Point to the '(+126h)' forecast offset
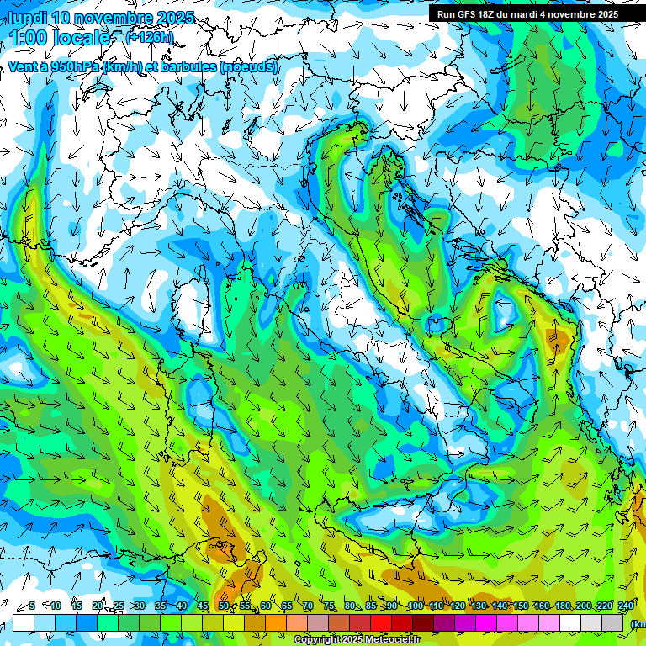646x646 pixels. click(151, 37)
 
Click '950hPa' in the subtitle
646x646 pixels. click(74, 66)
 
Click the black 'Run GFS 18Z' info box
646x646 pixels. click(527, 13)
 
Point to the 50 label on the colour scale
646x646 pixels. click(223, 606)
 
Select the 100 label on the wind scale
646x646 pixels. click(415, 606)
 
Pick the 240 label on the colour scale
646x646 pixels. click(625, 606)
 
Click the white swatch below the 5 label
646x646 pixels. click(24, 622)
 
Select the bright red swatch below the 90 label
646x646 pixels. click(381, 622)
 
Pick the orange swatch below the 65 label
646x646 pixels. click(276, 622)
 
